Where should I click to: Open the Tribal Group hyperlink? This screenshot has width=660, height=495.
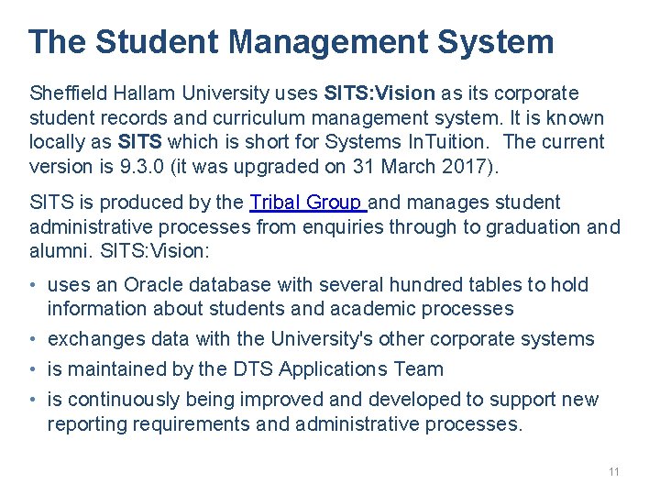point(307,203)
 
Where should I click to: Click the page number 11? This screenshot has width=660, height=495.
point(614,472)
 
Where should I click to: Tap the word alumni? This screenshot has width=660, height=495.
point(57,251)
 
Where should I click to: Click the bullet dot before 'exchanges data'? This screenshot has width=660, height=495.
point(35,339)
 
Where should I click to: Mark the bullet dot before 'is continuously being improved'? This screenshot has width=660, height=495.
point(35,400)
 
